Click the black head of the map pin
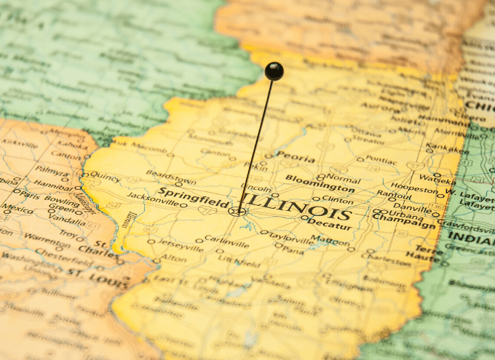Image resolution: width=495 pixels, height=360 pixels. pos(274,71)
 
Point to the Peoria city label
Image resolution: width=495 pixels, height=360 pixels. pos(295,158)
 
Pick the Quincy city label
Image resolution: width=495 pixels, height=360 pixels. pos(105,176)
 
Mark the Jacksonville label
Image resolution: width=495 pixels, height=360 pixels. pos(152,196)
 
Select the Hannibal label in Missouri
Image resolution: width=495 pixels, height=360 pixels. pos(53,185)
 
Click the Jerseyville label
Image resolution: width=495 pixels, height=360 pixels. pos(181,246)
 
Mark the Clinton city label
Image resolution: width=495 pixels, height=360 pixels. pos(337,199)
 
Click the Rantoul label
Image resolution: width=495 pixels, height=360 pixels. pos(394,195)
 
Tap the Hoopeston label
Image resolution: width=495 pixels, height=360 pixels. pos(414,188)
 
